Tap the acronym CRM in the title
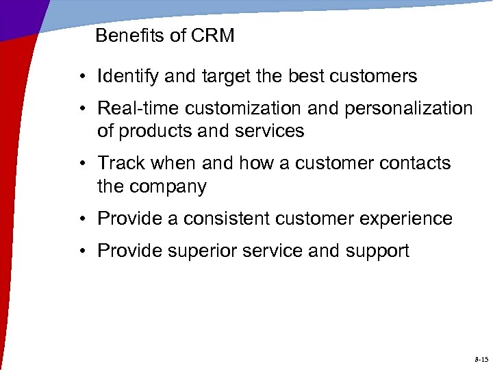click(x=214, y=36)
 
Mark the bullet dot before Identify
click(x=81, y=77)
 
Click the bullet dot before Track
click(x=81, y=164)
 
